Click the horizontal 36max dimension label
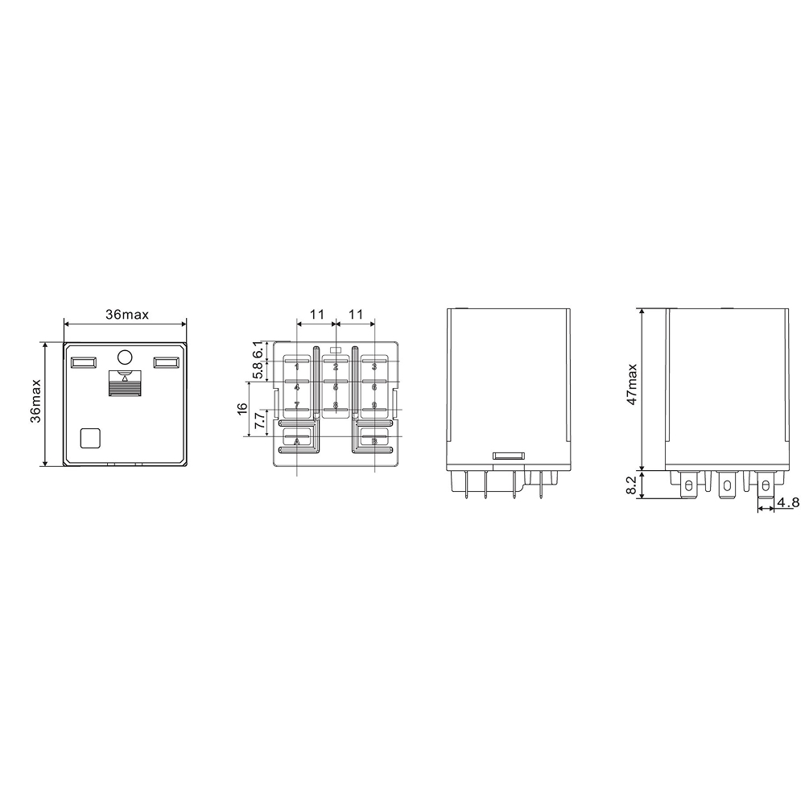[x=125, y=314]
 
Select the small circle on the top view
[x=125, y=357]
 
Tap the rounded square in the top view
[x=90, y=437]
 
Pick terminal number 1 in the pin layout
[x=297, y=367]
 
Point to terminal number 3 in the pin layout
[x=374, y=367]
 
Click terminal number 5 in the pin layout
[x=336, y=387]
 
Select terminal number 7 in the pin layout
[x=297, y=405]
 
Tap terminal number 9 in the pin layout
[x=374, y=405]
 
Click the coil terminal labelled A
[x=297, y=441]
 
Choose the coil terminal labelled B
[x=374, y=441]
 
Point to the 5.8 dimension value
[x=258, y=371]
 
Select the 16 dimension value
[x=242, y=409]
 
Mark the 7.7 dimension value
[x=258, y=424]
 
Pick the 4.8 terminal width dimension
[x=788, y=503]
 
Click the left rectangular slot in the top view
[x=83, y=363]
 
